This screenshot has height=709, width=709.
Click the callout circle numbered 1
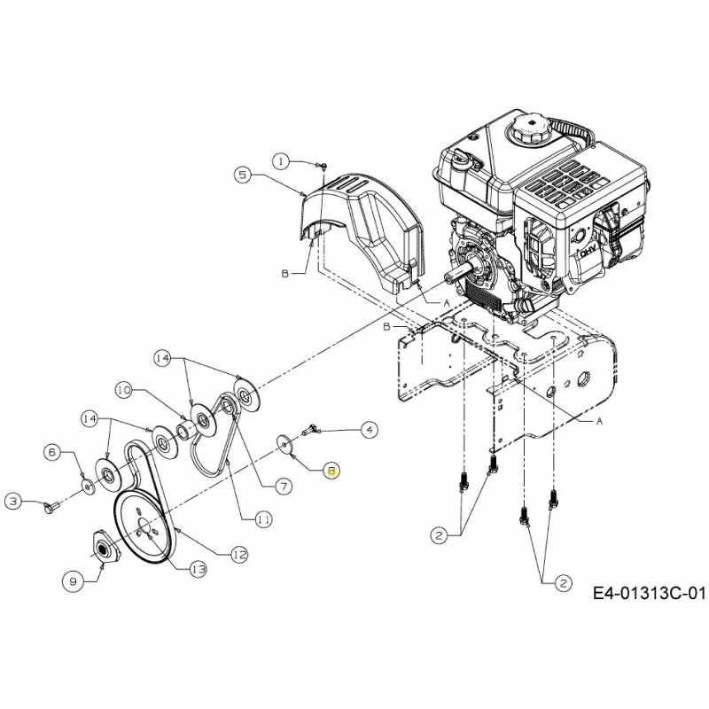(281, 161)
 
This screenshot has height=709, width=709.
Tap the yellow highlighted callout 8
(331, 471)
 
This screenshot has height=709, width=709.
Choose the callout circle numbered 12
(238, 554)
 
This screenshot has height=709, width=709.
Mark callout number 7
(284, 486)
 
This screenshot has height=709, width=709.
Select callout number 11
(263, 521)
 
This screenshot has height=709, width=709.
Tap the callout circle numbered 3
(13, 502)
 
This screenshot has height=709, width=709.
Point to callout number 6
(52, 453)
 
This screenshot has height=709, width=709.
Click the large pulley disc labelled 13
(146, 527)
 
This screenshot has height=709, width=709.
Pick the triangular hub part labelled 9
(105, 550)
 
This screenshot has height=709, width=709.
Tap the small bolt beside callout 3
(50, 507)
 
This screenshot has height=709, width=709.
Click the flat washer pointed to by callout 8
(284, 442)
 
